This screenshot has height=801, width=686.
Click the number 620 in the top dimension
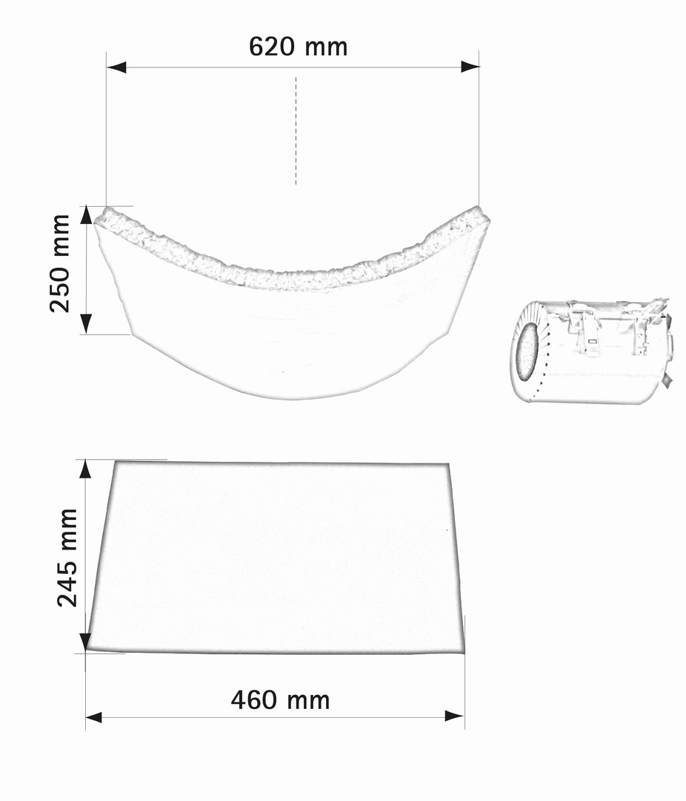click(x=272, y=47)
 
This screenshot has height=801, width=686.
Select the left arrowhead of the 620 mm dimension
click(x=116, y=67)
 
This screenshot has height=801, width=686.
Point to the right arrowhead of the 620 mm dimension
click(x=470, y=67)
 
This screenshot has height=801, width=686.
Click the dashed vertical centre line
click(x=296, y=131)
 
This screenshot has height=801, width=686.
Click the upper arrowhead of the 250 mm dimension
click(x=86, y=215)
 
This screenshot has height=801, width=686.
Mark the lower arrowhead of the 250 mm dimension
click(x=86, y=324)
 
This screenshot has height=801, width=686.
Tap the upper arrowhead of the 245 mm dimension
click(x=85, y=469)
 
